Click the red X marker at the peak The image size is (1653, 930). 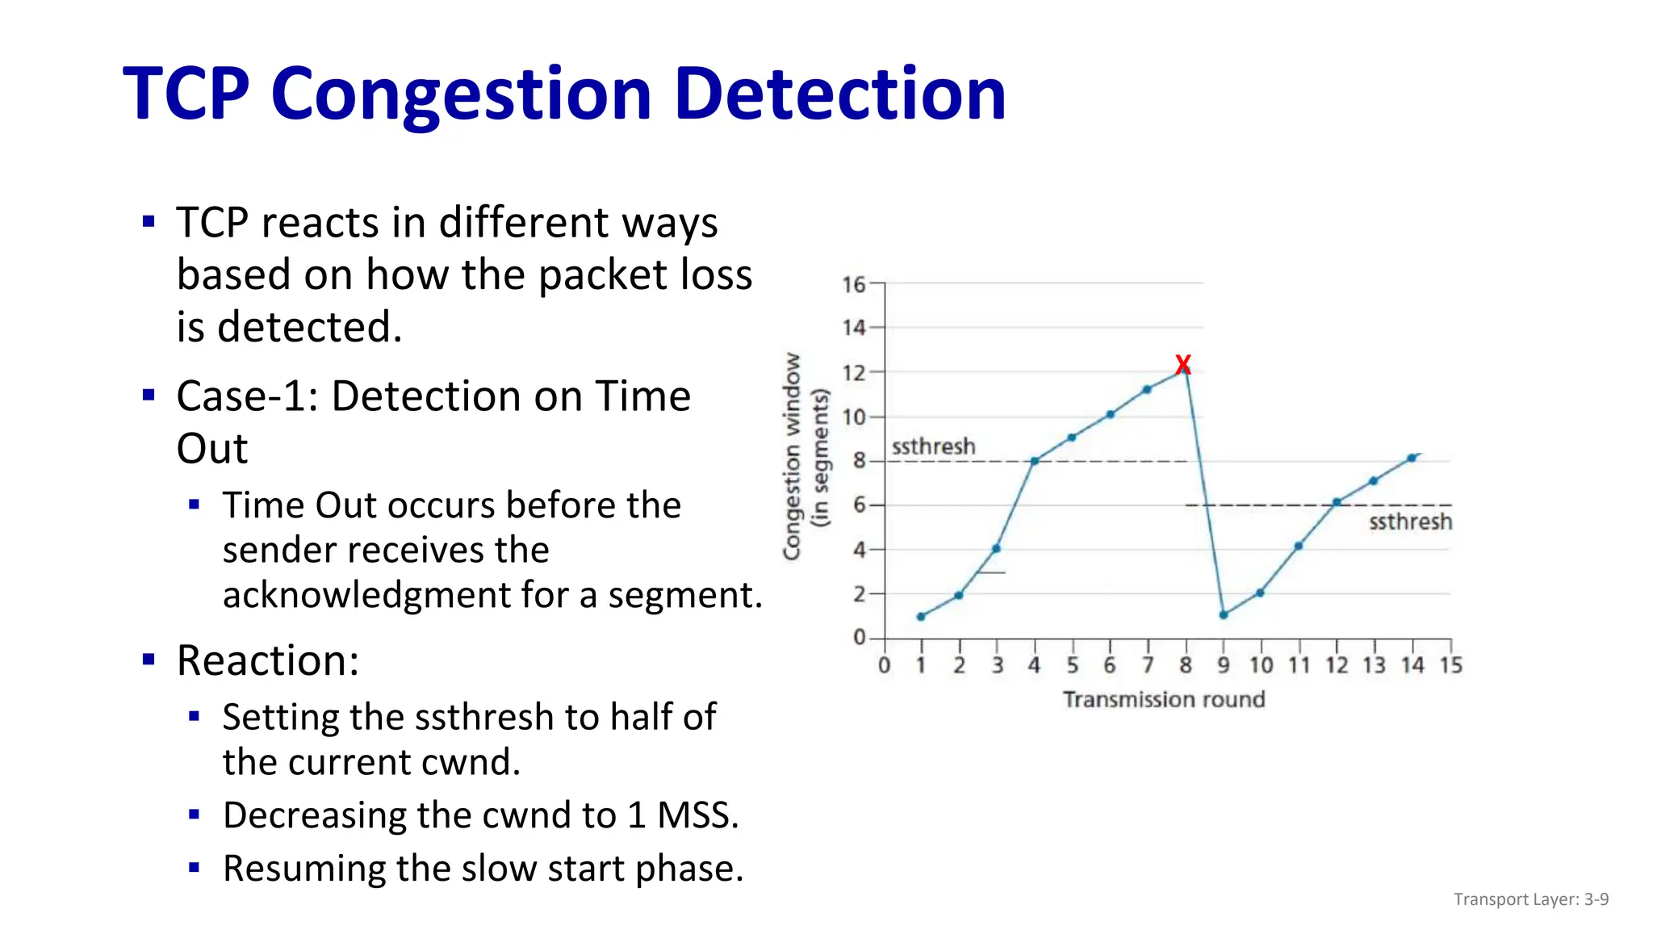tap(1182, 365)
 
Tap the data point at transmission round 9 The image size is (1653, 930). tap(1224, 615)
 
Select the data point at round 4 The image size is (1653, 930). tap(1034, 461)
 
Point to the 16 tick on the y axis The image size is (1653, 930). tap(853, 284)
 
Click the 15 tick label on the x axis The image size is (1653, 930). tap(1451, 665)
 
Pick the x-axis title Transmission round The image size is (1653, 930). tap(1163, 699)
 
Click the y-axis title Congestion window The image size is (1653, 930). tap(793, 456)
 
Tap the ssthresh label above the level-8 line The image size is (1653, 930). tap(933, 446)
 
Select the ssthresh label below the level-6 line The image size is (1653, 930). tap(1410, 522)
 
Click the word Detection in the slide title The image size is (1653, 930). tap(839, 94)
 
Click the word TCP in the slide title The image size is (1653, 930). tap(186, 94)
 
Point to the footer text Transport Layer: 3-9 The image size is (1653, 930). tap(1530, 899)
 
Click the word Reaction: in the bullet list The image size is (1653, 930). tap(268, 660)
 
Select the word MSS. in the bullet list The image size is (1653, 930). tap(697, 815)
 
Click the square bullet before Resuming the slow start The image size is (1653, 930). tap(194, 868)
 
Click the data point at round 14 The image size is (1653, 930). tap(1412, 458)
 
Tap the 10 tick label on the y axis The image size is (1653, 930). tap(853, 417)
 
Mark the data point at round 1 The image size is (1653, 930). tap(921, 617)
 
